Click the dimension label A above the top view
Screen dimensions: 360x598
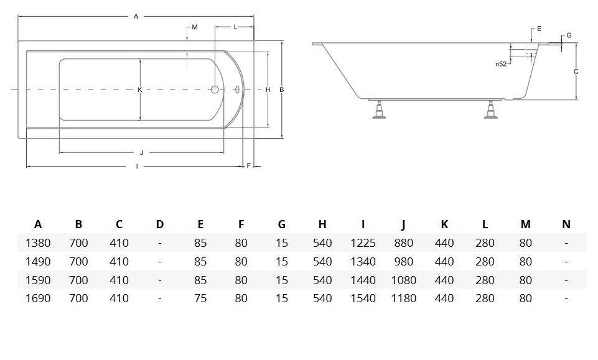pyautogui.click(x=136, y=17)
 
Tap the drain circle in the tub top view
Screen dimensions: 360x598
pyautogui.click(x=215, y=90)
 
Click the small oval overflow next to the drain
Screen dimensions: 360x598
pyautogui.click(x=237, y=90)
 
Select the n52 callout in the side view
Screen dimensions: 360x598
pyautogui.click(x=500, y=63)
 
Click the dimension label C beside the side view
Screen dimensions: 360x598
pyautogui.click(x=576, y=72)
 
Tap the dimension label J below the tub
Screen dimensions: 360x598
pyautogui.click(x=141, y=152)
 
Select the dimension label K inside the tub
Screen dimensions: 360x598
pyautogui.click(x=140, y=90)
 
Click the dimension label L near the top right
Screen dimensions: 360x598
pyautogui.click(x=235, y=27)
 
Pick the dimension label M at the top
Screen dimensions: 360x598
pyautogui.click(x=194, y=27)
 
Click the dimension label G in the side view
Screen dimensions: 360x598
pyautogui.click(x=569, y=35)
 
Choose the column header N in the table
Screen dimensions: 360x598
pyautogui.click(x=566, y=224)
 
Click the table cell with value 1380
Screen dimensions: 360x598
pyautogui.click(x=38, y=243)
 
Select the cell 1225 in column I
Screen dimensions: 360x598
pyautogui.click(x=363, y=243)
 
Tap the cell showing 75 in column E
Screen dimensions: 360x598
pyautogui.click(x=200, y=298)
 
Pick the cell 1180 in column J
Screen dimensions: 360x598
pyautogui.click(x=403, y=298)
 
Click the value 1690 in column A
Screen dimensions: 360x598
pyautogui.click(x=38, y=298)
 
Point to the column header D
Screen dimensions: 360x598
pyautogui.click(x=160, y=224)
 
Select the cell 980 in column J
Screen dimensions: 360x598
pyautogui.click(x=403, y=262)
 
